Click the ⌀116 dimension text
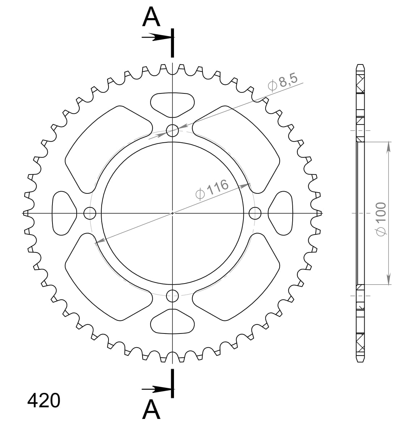(x=212, y=189)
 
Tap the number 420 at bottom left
(x=44, y=401)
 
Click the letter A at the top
(x=151, y=18)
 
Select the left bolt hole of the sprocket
(x=90, y=213)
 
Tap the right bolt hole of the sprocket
(x=255, y=213)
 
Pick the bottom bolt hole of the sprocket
(x=173, y=296)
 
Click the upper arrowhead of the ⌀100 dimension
(x=389, y=147)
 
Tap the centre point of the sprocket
(x=173, y=213)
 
